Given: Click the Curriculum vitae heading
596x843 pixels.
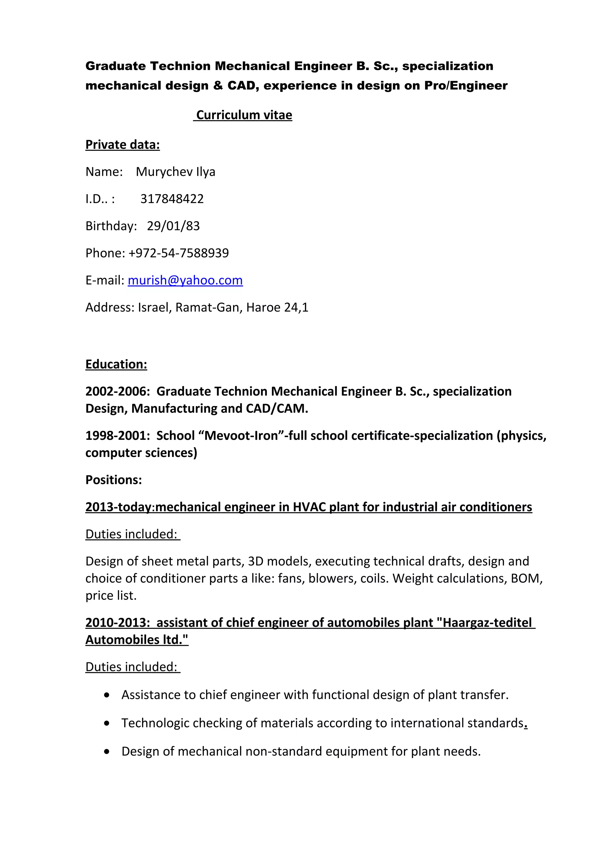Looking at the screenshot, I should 244,115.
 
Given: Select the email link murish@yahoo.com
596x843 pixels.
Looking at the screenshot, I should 185,280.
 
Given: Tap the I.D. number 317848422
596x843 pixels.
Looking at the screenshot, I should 172,199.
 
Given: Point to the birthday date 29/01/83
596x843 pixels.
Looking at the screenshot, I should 173,226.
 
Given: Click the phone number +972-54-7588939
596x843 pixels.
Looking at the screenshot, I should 178,253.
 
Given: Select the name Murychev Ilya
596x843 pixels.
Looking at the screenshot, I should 175,171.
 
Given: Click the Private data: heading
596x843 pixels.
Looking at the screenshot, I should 123,145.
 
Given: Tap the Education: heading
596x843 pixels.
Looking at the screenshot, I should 116,364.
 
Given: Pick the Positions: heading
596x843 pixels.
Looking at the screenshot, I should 113,480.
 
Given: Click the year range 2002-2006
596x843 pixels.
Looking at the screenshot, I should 116,392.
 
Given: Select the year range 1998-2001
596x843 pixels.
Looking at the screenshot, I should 116,435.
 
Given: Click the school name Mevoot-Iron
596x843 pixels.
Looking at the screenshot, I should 241,435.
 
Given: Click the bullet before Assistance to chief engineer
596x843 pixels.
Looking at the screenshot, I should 107,695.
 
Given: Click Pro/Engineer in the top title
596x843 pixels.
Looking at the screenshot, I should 466,86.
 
